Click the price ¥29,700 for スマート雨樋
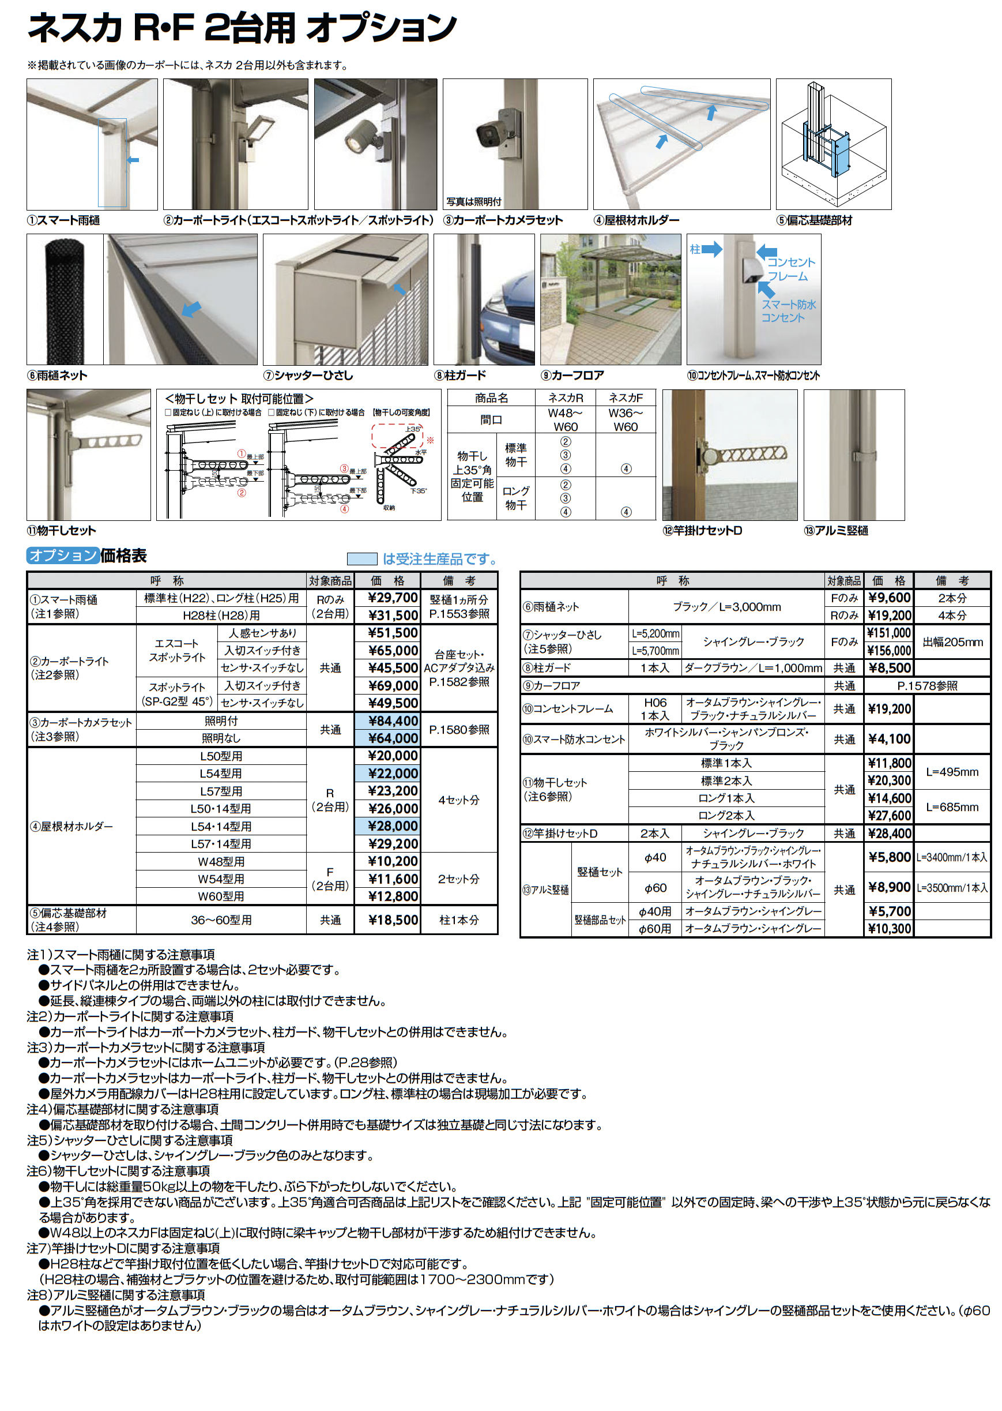pyautogui.click(x=393, y=598)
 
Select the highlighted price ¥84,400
pyautogui.click(x=393, y=721)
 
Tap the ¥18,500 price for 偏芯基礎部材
pyautogui.click(x=393, y=920)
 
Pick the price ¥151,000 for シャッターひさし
pyautogui.click(x=888, y=633)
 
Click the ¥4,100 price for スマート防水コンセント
pyautogui.click(x=889, y=739)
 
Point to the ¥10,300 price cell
pyautogui.click(x=889, y=928)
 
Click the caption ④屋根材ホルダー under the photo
pyautogui.click(x=636, y=220)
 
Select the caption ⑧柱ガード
pyautogui.click(x=460, y=376)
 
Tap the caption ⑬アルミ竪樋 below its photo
pyautogui.click(x=835, y=531)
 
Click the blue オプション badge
pyautogui.click(x=63, y=556)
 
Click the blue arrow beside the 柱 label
pyautogui.click(x=711, y=249)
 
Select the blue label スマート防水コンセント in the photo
pyautogui.click(x=788, y=311)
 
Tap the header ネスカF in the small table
pyautogui.click(x=625, y=398)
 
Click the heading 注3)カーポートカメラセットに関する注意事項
pyautogui.click(x=146, y=1048)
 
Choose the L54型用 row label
pyautogui.click(x=221, y=774)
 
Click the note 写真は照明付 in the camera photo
pyautogui.click(x=474, y=202)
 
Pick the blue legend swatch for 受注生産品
pyautogui.click(x=362, y=559)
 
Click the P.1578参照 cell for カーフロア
pyautogui.click(x=926, y=686)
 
